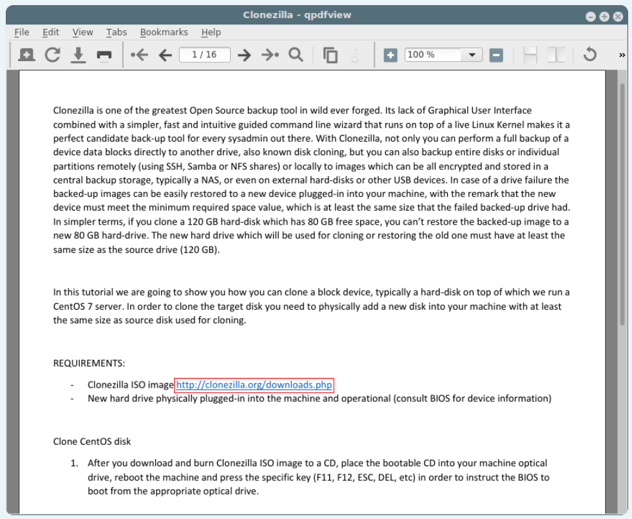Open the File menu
[x=21, y=32]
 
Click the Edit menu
[x=51, y=32]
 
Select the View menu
[x=82, y=32]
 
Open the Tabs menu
[x=117, y=32]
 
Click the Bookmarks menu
[x=164, y=32]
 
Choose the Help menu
[x=211, y=32]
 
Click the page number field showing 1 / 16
[x=204, y=55]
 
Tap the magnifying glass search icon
[x=296, y=55]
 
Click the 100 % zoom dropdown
[x=443, y=55]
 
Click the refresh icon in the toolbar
[x=53, y=55]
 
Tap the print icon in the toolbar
[x=104, y=55]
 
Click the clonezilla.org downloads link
[x=254, y=385]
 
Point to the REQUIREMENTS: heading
[x=89, y=363]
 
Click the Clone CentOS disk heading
[x=92, y=442]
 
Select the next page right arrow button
[x=244, y=55]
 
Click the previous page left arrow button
[x=166, y=55]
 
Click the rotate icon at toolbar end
[x=589, y=55]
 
